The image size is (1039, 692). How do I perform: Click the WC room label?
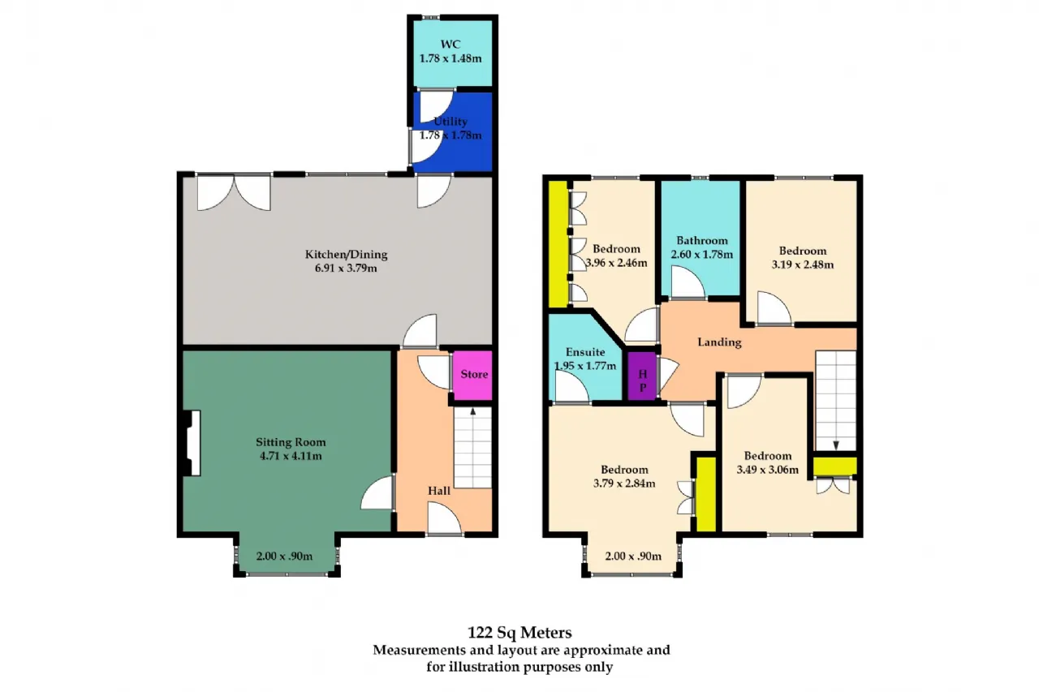451,45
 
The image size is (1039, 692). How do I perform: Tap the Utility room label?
451,122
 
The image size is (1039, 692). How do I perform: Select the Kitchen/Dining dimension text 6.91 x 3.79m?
346,268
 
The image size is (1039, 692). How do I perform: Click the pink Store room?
472,375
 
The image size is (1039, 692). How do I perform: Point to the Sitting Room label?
291,442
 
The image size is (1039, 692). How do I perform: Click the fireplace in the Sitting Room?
192,443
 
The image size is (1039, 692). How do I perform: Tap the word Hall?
439,491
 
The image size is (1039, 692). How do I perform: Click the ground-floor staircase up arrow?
473,411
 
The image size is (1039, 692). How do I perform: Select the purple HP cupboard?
642,376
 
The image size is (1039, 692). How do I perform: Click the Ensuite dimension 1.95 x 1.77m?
585,366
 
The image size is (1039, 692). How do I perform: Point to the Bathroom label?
702,241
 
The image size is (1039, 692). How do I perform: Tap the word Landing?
719,342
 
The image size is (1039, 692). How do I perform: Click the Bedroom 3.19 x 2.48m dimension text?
803,264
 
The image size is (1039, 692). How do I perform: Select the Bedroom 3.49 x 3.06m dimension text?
768,470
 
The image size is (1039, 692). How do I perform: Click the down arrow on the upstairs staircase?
836,445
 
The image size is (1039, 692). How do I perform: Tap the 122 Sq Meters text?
519,632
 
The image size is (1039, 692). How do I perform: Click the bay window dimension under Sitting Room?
284,556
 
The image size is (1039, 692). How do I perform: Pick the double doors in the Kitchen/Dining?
234,192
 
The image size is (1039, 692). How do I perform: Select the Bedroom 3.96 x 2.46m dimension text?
616,263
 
